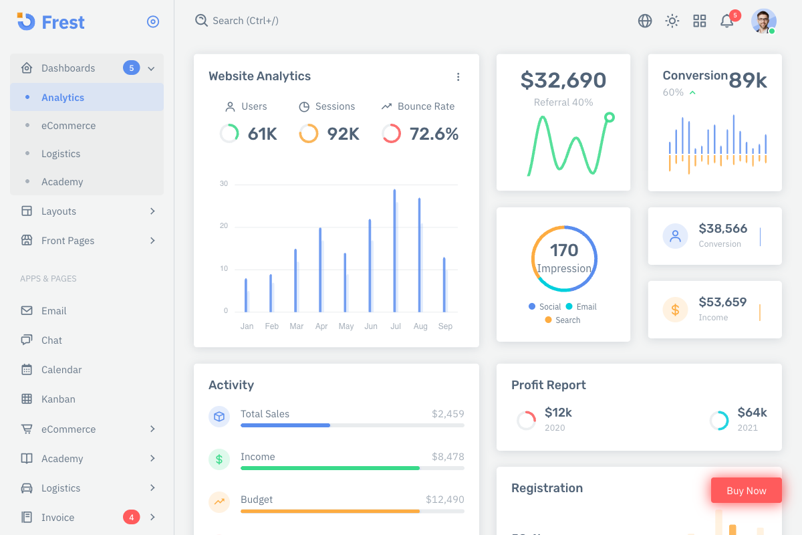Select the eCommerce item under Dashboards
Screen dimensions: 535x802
pos(68,126)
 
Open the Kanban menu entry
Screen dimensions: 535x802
pos(58,399)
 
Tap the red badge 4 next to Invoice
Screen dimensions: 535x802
pos(131,517)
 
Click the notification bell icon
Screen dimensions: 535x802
pos(726,21)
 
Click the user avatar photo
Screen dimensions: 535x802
pos(763,21)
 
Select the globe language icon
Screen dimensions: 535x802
pos(645,21)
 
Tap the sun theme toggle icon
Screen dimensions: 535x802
pos(672,21)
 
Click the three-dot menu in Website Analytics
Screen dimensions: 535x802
pos(458,77)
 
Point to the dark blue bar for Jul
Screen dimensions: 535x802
pos(394,251)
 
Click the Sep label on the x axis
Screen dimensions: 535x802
pos(445,326)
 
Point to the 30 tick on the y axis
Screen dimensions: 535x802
pos(224,183)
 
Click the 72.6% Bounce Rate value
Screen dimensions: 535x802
pos(434,134)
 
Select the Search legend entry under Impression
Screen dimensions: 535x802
pos(567,320)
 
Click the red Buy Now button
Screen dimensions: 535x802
pos(746,491)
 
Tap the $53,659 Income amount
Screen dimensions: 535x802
pos(722,302)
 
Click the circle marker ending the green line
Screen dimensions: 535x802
pos(609,118)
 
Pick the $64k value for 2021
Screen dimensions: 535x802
pos(752,413)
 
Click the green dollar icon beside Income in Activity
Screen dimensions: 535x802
pos(219,459)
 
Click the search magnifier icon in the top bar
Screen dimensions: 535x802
pos(201,21)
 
